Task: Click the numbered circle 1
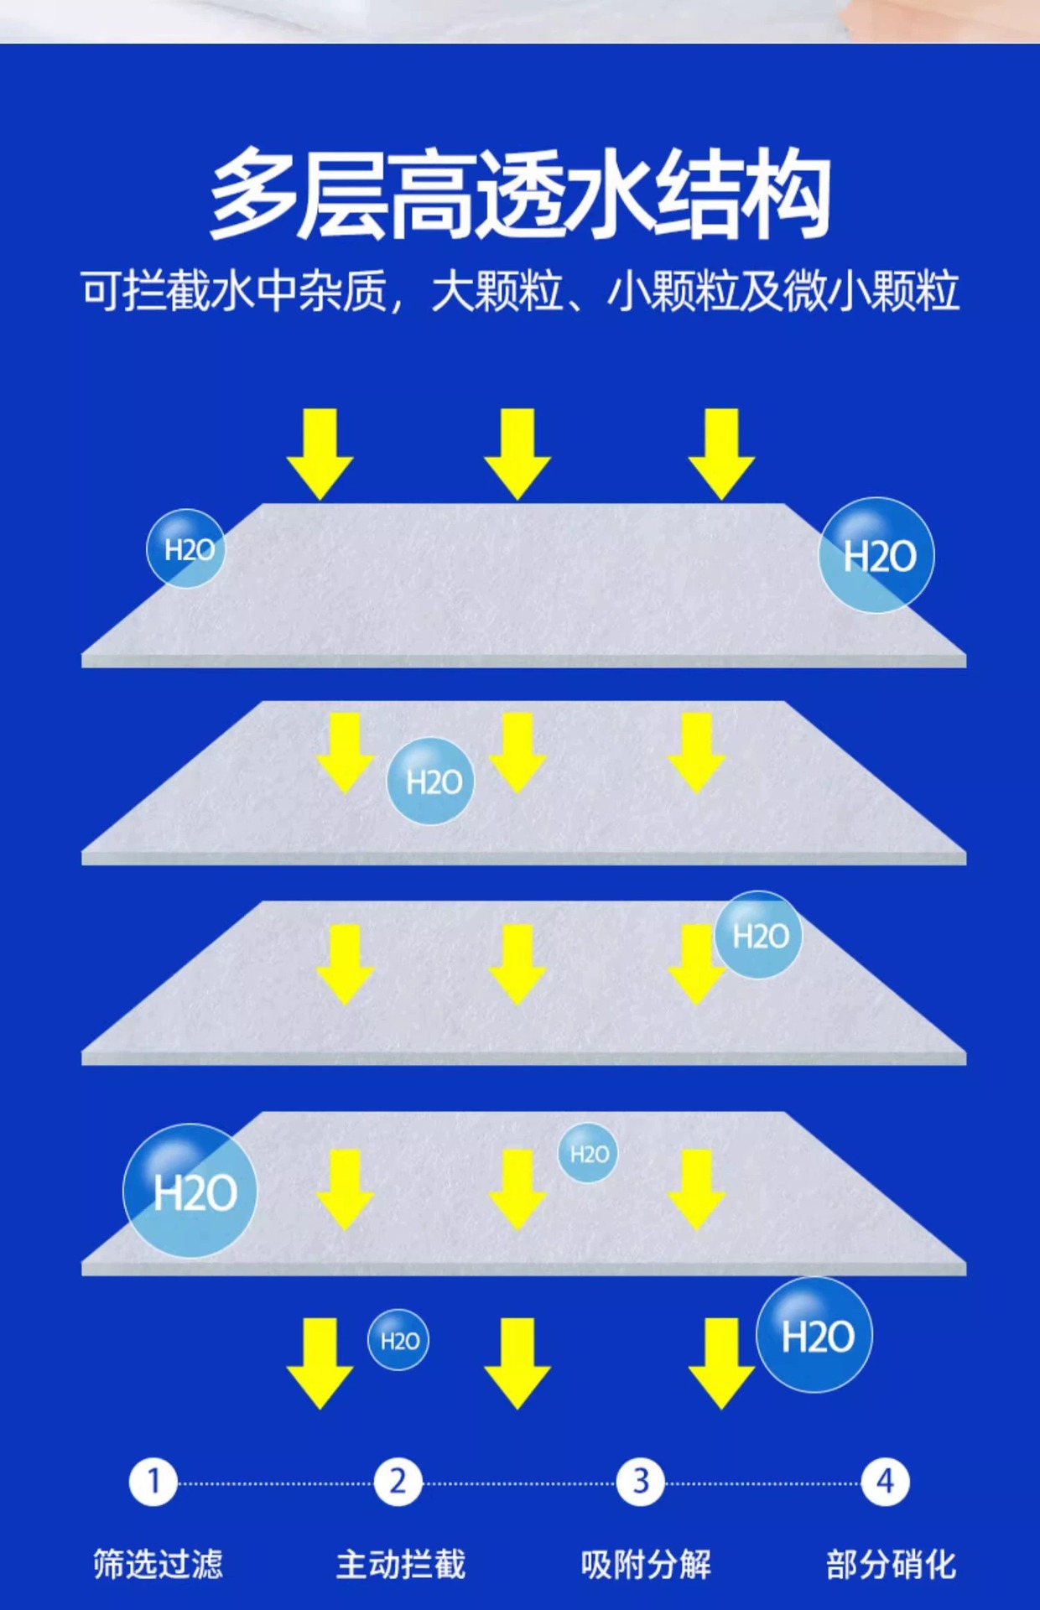point(153,1482)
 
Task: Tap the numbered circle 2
point(398,1482)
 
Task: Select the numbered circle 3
point(641,1482)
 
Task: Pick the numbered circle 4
point(885,1482)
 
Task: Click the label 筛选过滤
point(158,1564)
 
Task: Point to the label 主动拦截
point(401,1564)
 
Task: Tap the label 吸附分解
point(646,1564)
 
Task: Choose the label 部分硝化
point(891,1564)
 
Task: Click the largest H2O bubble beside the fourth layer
point(190,1190)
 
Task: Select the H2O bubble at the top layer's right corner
point(876,555)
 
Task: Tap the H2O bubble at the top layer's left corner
point(186,548)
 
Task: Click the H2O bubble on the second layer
point(431,782)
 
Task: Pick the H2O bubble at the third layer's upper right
point(759,935)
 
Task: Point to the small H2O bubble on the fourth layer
point(588,1153)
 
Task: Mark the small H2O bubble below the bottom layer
point(398,1340)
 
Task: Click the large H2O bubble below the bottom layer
point(814,1335)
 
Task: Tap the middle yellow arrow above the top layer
point(517,453)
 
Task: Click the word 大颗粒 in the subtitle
point(497,292)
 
